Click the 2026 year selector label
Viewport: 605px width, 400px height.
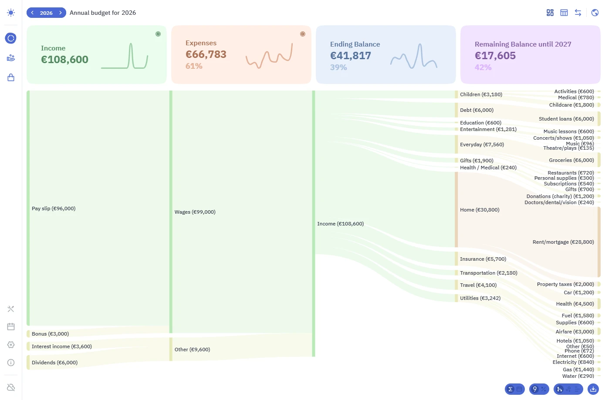point(46,13)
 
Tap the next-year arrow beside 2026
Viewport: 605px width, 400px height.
point(61,13)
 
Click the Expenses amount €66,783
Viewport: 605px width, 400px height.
point(206,54)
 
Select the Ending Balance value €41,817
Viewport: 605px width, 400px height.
point(351,56)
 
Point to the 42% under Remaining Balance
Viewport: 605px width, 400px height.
point(483,67)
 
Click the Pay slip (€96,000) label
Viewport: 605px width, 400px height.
point(54,208)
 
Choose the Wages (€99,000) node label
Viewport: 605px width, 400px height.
point(195,212)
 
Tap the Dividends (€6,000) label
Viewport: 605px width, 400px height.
point(54,363)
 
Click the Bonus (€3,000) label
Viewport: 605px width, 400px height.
point(50,333)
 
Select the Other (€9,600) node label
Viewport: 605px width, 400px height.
point(193,349)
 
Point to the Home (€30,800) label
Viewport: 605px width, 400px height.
point(480,210)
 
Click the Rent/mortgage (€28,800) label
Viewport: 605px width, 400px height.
point(563,242)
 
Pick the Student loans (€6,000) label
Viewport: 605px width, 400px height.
point(566,119)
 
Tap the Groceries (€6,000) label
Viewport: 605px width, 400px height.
point(571,160)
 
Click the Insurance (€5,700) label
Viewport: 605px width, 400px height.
point(483,259)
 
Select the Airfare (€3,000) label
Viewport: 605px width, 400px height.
point(575,331)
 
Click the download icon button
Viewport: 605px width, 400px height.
point(593,389)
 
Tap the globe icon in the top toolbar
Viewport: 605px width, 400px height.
point(595,13)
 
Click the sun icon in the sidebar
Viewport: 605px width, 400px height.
point(11,13)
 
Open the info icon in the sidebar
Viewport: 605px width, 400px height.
point(11,363)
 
